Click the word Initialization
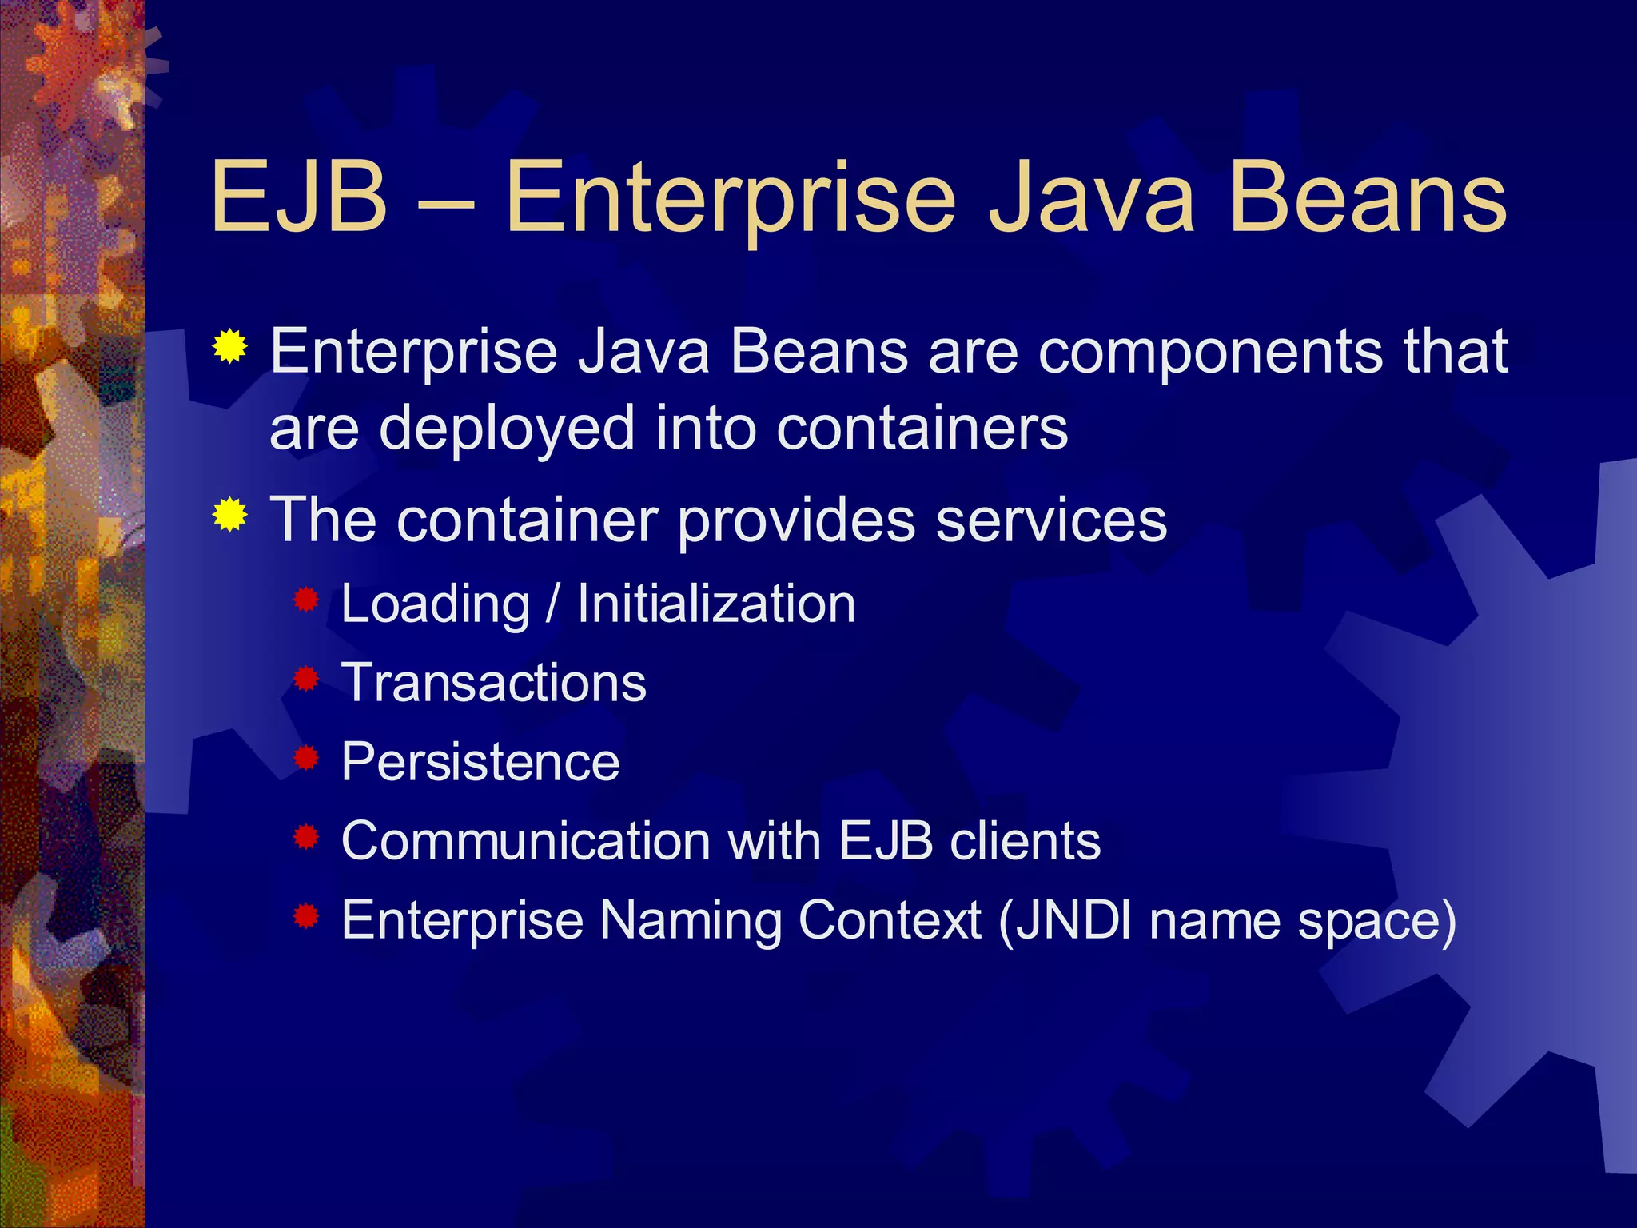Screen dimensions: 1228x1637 pyautogui.click(x=716, y=604)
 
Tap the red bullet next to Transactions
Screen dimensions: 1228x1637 pyautogui.click(x=305, y=680)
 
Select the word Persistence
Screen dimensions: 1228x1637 pyautogui.click(x=480, y=762)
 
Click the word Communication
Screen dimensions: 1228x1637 pyautogui.click(x=525, y=841)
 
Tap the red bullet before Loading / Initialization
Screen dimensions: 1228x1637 pyautogui.click(x=305, y=600)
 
